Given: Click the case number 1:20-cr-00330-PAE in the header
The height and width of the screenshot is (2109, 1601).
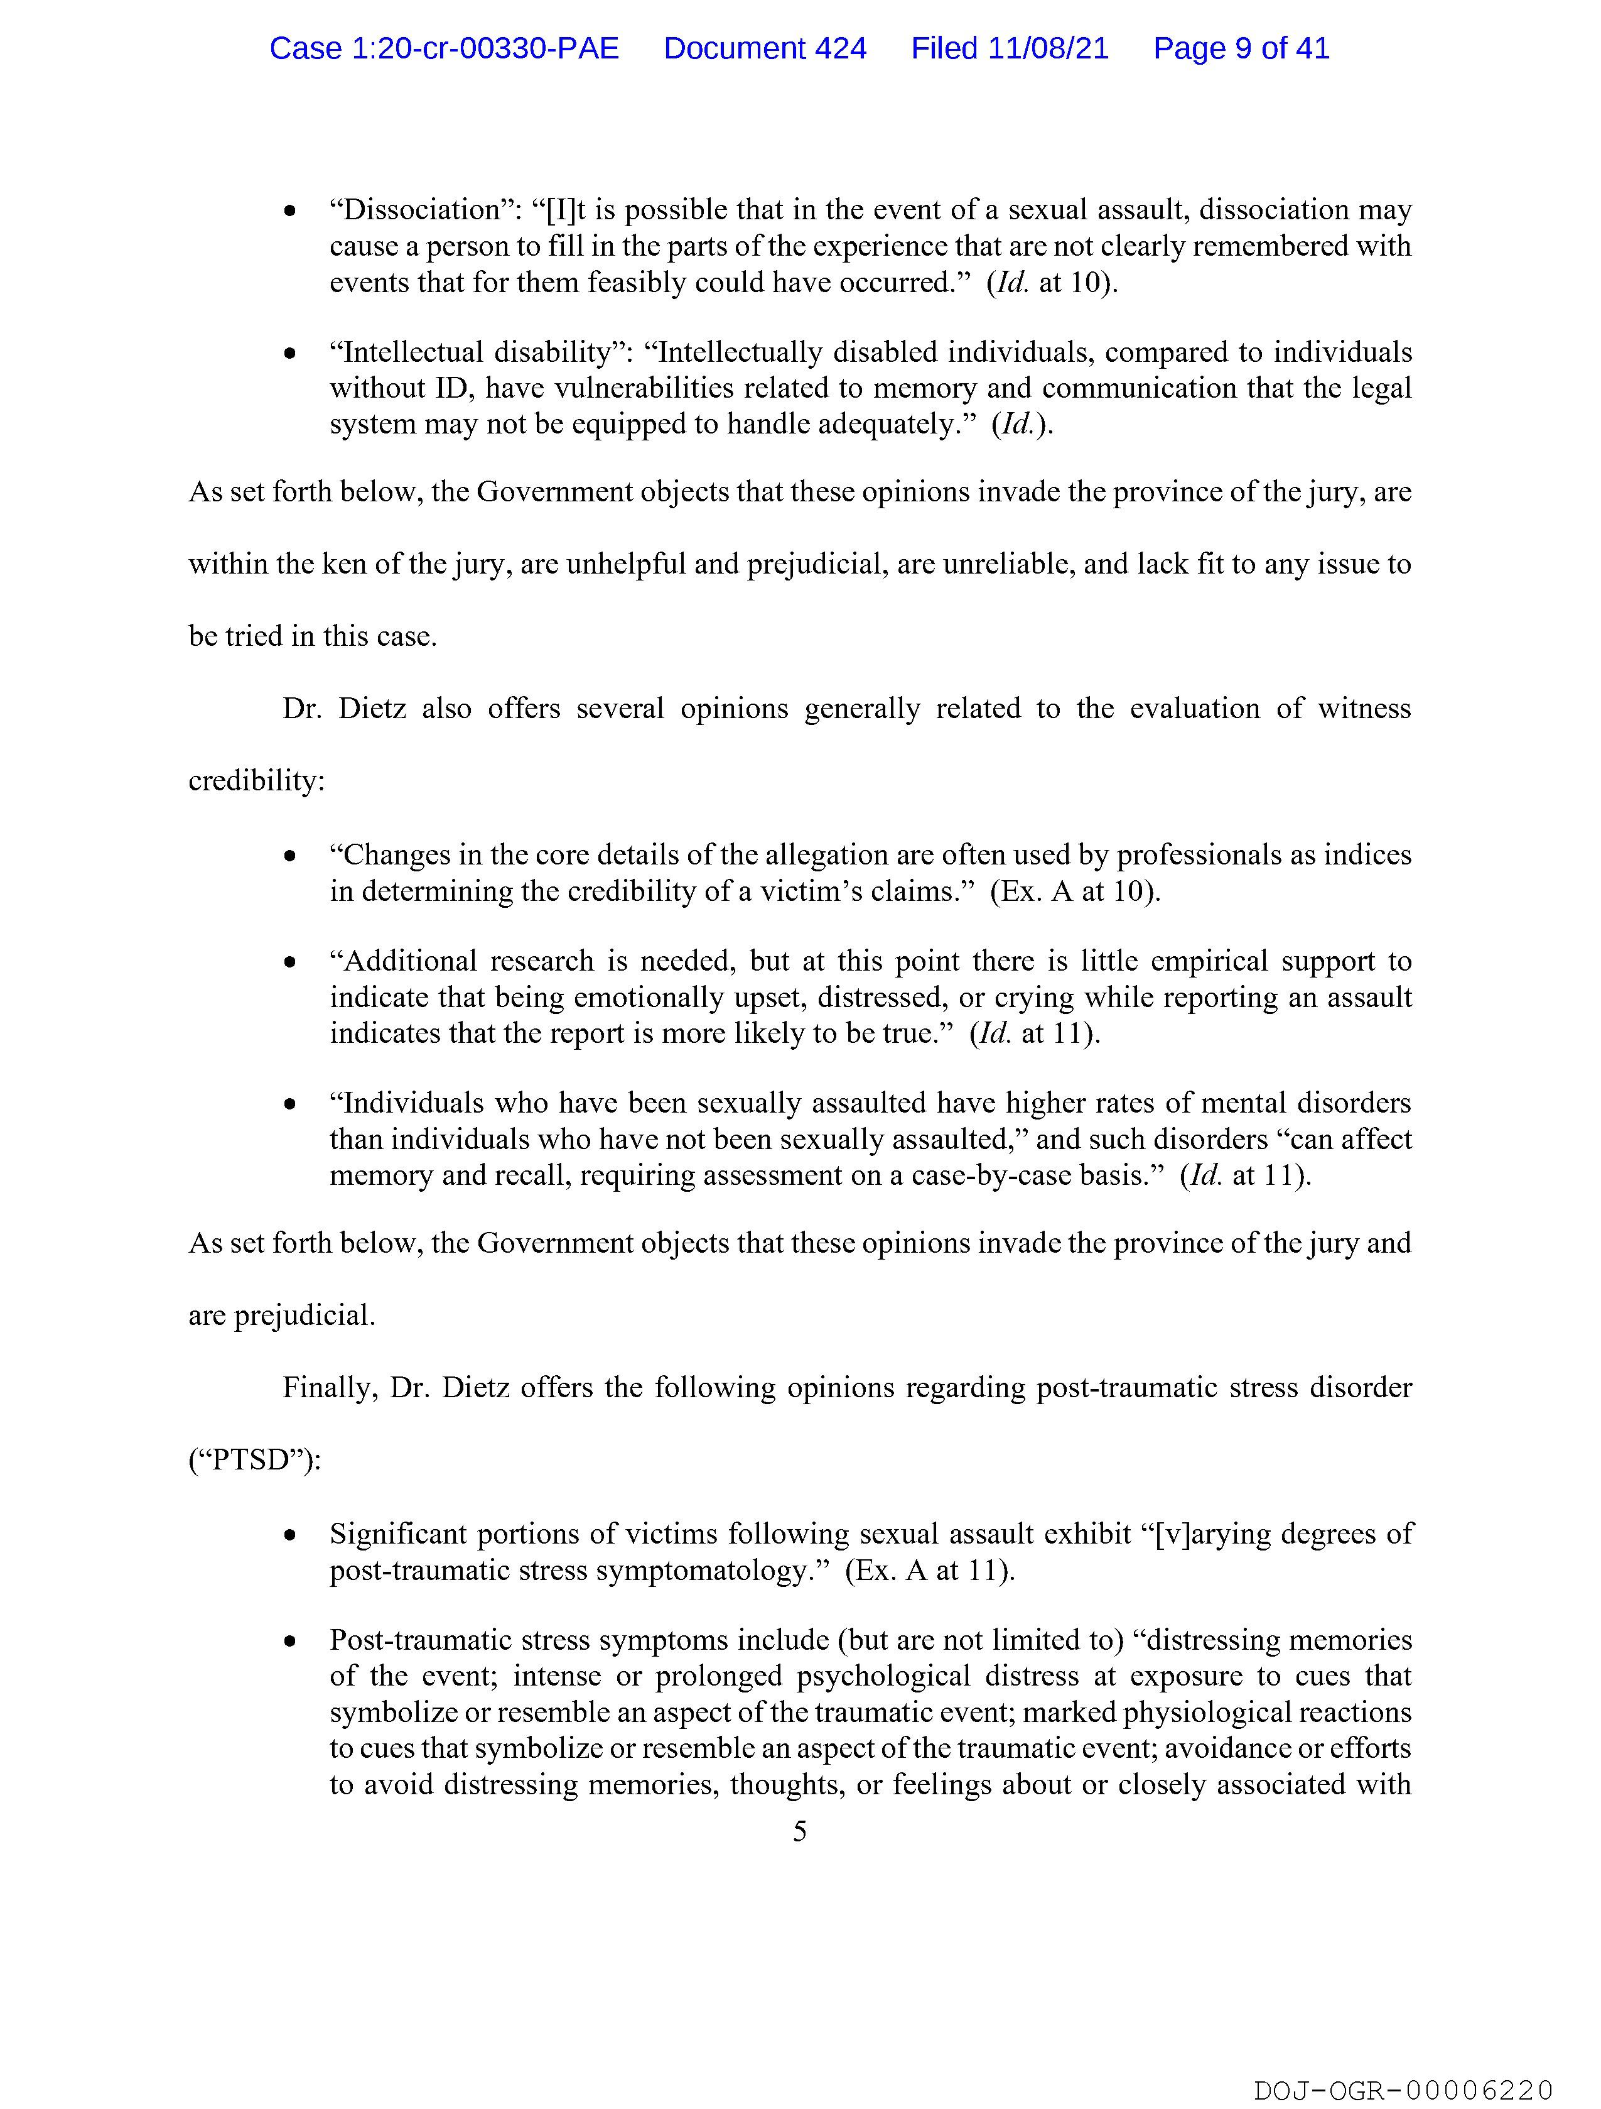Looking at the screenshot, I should coord(444,48).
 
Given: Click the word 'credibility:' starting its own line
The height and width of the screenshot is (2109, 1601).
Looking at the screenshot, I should coord(256,781).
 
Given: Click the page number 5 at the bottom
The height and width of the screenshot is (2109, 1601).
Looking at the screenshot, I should coord(799,1831).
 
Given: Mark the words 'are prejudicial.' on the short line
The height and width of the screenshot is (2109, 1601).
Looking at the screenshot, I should coord(282,1316).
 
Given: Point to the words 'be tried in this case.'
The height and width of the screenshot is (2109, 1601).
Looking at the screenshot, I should coord(313,636).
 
